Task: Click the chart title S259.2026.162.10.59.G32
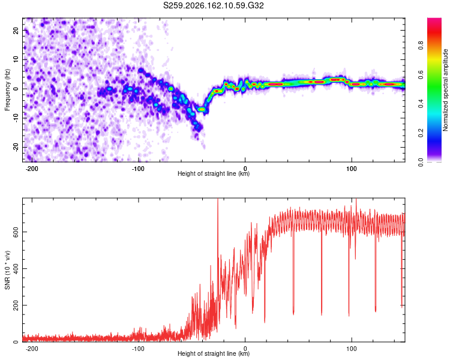pos(213,5)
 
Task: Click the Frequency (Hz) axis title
pos(7,90)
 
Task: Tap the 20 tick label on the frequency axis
pos(16,30)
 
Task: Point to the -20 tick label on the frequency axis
pos(16,148)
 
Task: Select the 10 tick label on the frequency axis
pos(16,59)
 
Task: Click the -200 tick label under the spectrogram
pos(32,169)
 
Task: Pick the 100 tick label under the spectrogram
pos(351,169)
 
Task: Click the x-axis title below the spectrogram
pos(214,173)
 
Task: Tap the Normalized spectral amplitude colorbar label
pos(445,90)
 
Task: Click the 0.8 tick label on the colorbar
pos(421,46)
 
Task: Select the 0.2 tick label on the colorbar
pos(421,133)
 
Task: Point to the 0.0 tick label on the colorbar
pos(421,162)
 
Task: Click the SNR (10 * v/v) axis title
pos(7,270)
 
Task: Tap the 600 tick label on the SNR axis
pos(16,232)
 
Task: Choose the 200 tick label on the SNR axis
pos(16,305)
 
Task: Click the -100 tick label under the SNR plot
pos(138,349)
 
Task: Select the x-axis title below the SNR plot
pos(214,353)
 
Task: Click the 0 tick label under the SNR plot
pos(245,349)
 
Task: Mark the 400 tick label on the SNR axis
pos(16,269)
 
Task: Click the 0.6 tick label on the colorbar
pos(421,74)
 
